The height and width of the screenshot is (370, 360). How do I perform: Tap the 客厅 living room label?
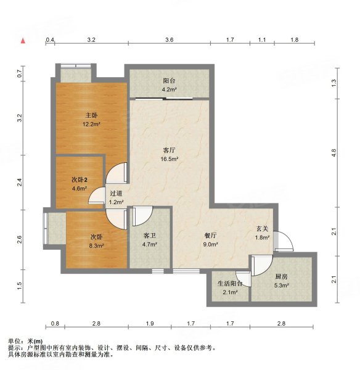[170, 150]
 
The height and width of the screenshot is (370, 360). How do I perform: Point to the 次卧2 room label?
[80, 179]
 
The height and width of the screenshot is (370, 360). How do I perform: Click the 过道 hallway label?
[117, 192]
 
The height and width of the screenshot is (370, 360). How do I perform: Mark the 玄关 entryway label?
[262, 229]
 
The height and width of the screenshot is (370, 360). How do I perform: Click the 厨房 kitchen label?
[280, 276]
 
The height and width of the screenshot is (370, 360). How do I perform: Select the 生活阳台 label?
[230, 284]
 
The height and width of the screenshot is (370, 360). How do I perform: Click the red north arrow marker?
[23, 41]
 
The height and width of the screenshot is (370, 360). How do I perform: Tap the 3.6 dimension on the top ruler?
[169, 39]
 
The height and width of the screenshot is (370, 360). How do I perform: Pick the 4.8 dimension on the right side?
[334, 151]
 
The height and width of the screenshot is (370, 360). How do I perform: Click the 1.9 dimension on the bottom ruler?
[149, 323]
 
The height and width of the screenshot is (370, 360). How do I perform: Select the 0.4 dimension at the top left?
[51, 39]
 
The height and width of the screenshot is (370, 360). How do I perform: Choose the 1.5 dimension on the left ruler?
[20, 284]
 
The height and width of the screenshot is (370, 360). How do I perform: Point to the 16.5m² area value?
[170, 158]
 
